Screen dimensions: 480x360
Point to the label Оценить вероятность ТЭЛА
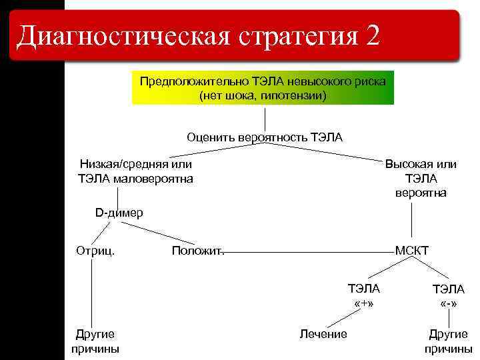click(265, 137)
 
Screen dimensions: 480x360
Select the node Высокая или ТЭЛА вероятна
click(421, 178)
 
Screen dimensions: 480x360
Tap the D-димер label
click(119, 213)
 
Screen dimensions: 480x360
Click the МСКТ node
click(412, 251)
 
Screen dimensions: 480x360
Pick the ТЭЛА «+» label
click(364, 296)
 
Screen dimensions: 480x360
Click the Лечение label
click(323, 334)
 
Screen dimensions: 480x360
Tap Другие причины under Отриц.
click(95, 341)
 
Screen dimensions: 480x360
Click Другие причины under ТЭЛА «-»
click(449, 341)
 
